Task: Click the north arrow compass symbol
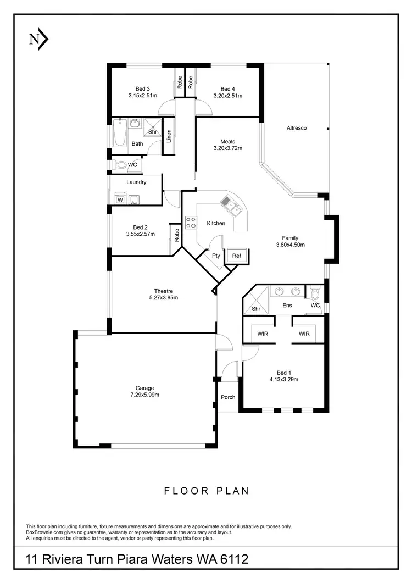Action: pos(38,39)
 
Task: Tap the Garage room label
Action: pos(145,388)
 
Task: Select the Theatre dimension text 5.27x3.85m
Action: pos(164,298)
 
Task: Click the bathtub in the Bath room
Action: pos(120,132)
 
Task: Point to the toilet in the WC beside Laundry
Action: pos(120,164)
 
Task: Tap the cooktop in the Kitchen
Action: pos(191,223)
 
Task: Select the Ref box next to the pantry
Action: pos(236,256)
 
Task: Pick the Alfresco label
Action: pos(297,128)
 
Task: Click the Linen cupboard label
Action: pos(169,136)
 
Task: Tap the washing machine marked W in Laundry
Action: pos(120,199)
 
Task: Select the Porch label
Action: pos(228,397)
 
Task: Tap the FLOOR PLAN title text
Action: pos(207,491)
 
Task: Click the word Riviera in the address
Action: pos(66,559)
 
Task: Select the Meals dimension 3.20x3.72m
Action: pos(228,148)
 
